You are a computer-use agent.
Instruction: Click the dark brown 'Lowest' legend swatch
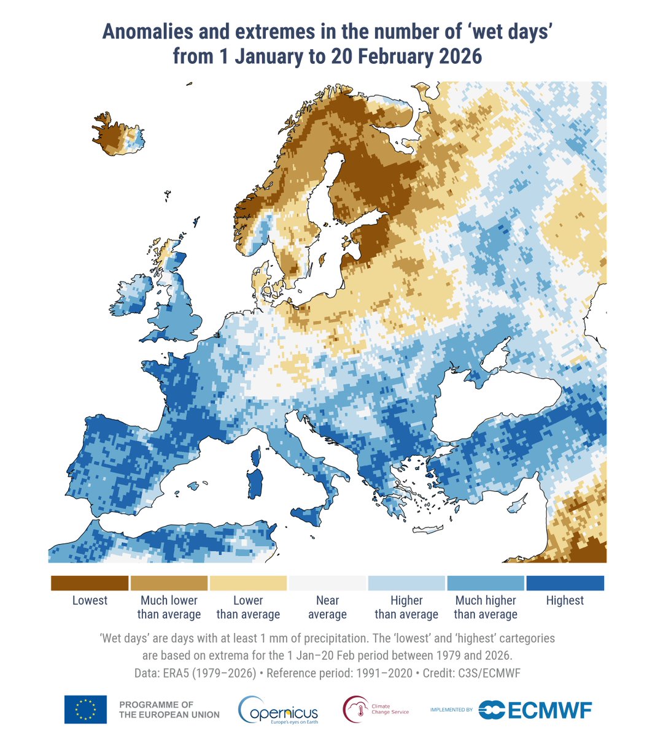[90, 583]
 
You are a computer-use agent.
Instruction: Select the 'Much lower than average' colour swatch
[169, 583]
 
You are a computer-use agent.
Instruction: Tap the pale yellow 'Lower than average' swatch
[248, 583]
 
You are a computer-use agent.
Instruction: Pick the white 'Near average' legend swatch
[327, 583]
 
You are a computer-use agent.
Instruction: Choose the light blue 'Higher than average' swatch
[406, 583]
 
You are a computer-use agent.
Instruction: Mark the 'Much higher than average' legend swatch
[486, 583]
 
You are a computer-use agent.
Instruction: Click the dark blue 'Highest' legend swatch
[565, 583]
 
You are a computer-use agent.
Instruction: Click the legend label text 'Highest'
[565, 600]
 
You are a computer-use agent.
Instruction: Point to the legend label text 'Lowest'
[90, 600]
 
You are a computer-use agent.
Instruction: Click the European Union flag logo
[85, 710]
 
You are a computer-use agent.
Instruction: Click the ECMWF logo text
[549, 710]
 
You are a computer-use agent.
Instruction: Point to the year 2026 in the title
[460, 56]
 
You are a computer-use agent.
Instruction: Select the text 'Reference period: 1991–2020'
[339, 673]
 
